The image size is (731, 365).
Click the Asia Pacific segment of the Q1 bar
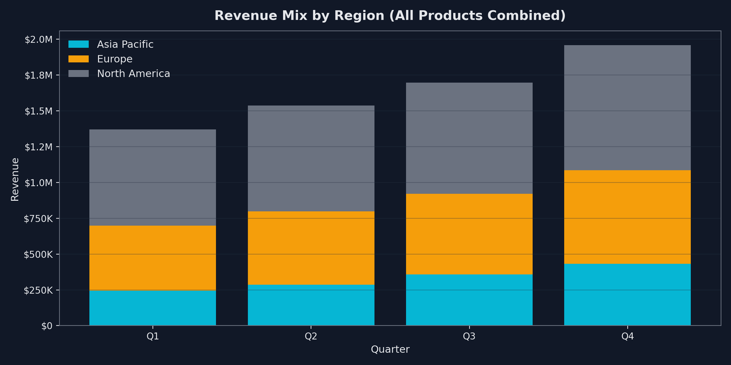(153, 308)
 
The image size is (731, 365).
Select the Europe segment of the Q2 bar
(311, 248)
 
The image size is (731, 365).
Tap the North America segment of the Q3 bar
(469, 138)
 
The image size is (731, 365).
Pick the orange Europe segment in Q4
(627, 217)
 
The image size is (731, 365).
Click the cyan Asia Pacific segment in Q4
(627, 294)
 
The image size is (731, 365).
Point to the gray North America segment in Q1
(153, 177)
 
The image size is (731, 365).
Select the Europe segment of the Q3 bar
(469, 234)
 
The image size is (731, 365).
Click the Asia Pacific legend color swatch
(79, 44)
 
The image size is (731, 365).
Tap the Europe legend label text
(115, 59)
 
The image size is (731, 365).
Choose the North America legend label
(133, 73)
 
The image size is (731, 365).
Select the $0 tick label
(47, 326)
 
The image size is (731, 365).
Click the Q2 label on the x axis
(311, 337)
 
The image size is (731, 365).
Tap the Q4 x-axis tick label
(627, 337)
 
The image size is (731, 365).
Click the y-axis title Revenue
(15, 179)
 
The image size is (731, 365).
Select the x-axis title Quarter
(390, 349)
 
